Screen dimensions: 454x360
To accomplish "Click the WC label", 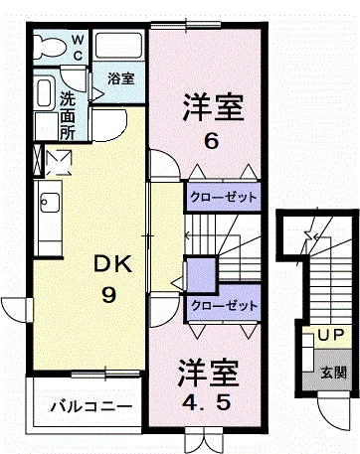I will pos(78,49).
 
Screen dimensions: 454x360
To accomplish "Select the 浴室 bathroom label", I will pos(122,77).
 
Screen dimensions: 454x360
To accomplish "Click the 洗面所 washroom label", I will pos(67,114).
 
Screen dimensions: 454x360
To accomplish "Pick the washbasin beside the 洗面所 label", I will pos(44,97).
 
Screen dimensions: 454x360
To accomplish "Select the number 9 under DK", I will pos(108,295).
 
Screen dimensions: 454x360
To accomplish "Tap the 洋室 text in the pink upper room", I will pos(211,104).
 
